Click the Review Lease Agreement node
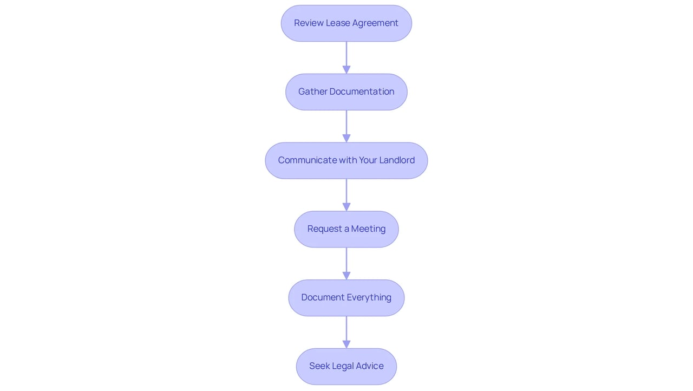pos(346,23)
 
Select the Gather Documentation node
pos(346,92)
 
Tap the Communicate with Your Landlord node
pos(346,160)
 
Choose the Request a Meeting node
pos(346,229)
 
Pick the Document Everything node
pos(346,298)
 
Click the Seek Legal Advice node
pos(346,367)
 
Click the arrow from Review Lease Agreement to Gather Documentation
pos(346,57)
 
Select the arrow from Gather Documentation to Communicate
pos(346,126)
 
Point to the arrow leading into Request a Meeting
pos(346,195)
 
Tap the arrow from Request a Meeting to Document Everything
pos(346,264)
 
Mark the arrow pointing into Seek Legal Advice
pos(346,332)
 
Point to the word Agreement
pos(375,23)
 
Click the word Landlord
pos(397,160)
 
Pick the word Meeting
pos(368,229)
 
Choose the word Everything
pos(369,298)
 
